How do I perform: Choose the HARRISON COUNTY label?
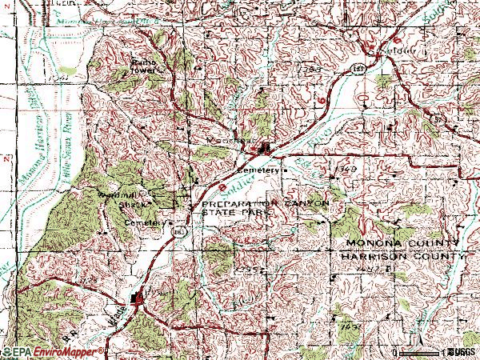pyautogui.click(x=402, y=256)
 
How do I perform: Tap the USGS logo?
pyautogui.click(x=461, y=352)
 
